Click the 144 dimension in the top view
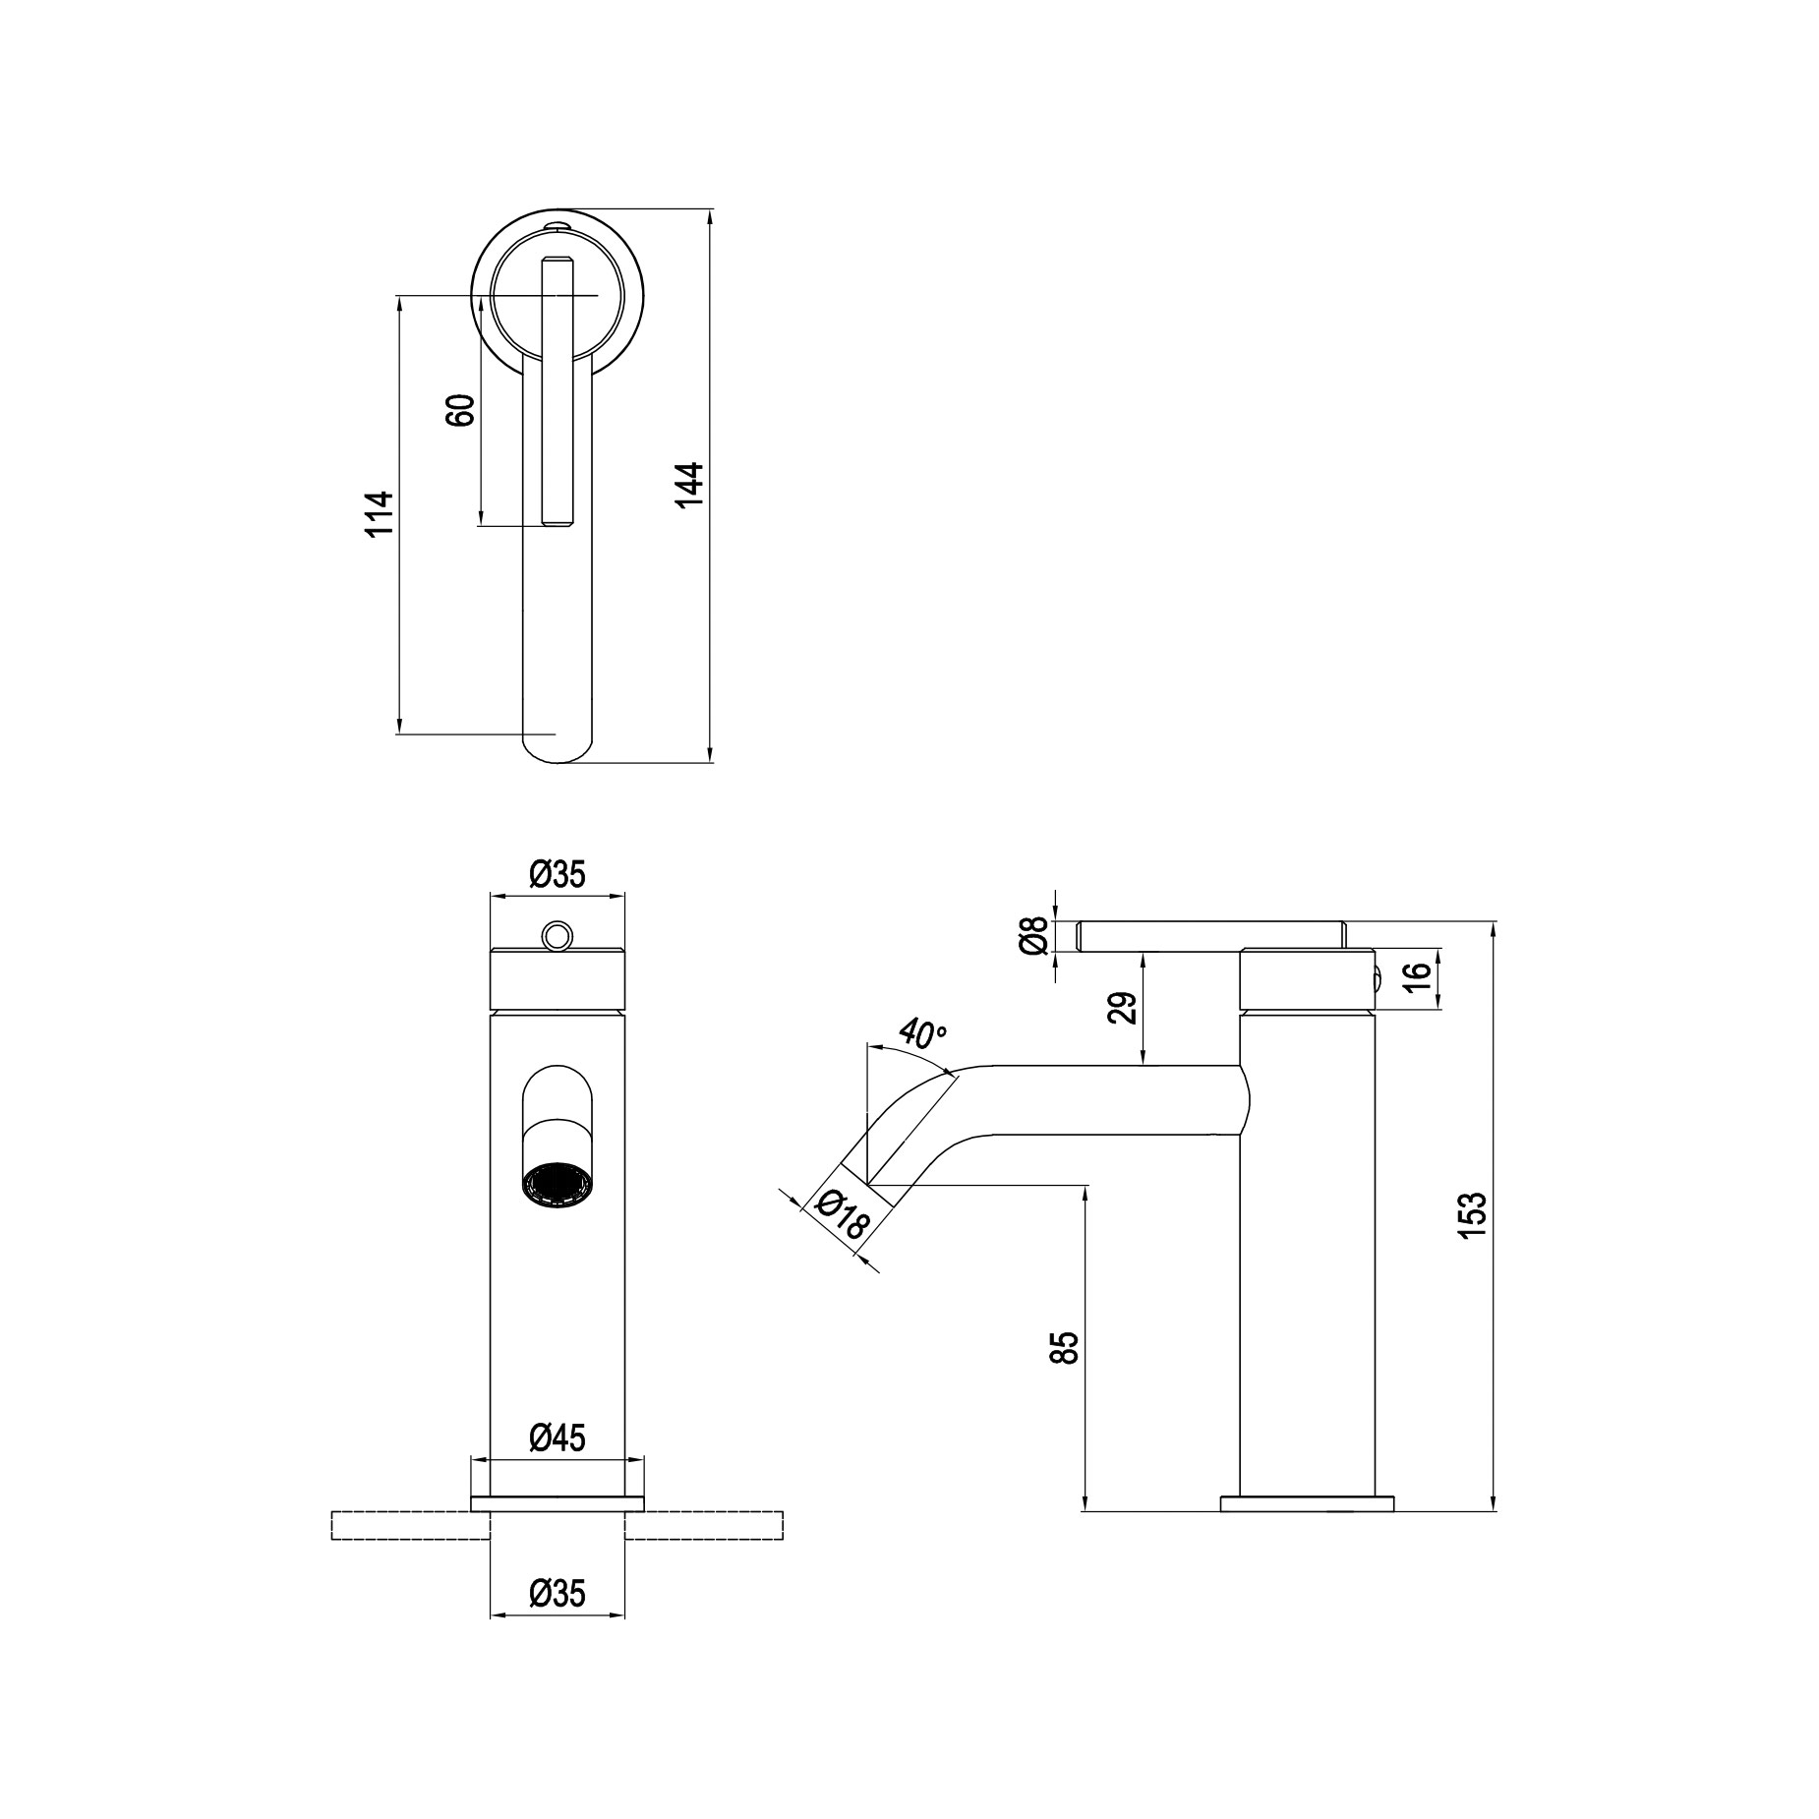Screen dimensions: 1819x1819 pos(689,485)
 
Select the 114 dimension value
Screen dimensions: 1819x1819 pos(379,512)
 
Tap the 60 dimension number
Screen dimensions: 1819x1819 pos(461,410)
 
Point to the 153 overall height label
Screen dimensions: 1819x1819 pos(1472,1214)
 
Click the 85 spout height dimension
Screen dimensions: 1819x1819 pos(1065,1347)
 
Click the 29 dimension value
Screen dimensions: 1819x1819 pos(1123,1008)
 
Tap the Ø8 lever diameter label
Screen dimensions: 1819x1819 pos(1031,936)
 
